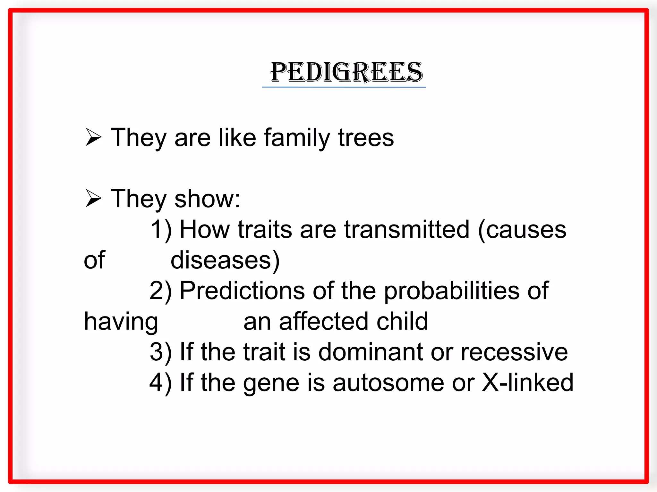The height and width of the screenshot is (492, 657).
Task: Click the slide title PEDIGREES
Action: point(346,72)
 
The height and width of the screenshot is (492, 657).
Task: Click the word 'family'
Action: point(297,138)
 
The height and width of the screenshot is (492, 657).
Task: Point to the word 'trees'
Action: point(366,138)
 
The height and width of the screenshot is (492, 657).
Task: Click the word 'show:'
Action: point(207,199)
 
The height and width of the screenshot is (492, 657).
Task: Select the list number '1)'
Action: point(161,230)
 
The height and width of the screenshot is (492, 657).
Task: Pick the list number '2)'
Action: point(161,291)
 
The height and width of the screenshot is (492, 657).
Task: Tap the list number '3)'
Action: point(161,352)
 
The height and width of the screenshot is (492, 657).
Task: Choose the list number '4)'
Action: point(161,382)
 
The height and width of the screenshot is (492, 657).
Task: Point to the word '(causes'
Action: point(522,230)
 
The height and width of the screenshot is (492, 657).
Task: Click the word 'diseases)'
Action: point(225,260)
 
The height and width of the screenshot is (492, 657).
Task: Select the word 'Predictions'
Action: point(242,291)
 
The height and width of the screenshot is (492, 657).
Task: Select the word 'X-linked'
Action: point(527,382)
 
